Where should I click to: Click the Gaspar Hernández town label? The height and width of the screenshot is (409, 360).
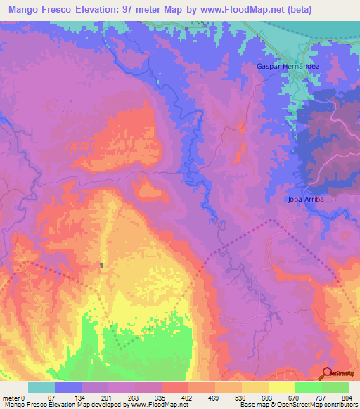[287, 65]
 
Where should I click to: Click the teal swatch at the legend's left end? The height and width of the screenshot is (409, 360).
[41, 387]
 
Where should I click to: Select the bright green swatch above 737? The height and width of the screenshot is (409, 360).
[309, 387]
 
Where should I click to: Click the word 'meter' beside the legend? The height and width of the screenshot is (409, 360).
[13, 398]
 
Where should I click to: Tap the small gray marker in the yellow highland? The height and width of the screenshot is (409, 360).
[103, 265]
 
